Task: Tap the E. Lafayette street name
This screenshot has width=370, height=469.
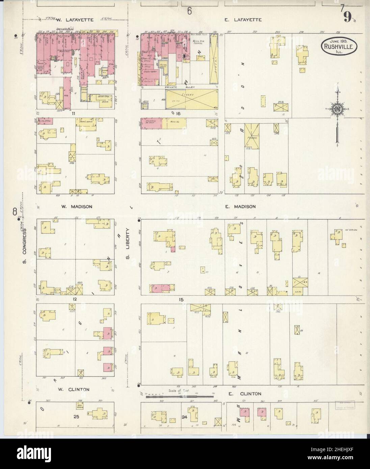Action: tap(243, 20)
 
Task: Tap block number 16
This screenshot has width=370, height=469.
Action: tap(178, 114)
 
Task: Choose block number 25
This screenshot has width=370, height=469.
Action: tap(76, 417)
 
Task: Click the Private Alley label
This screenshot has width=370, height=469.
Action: tap(178, 87)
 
